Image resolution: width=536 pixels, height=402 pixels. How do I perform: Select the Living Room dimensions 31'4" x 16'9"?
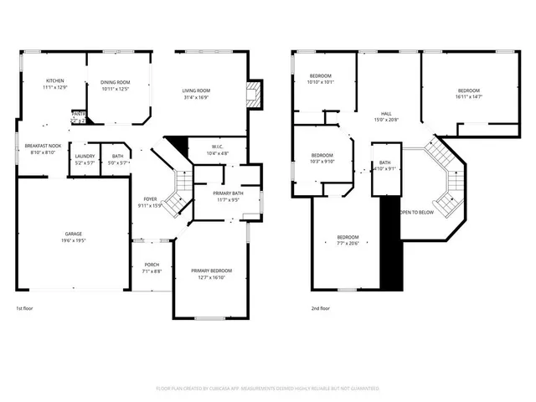(x=197, y=96)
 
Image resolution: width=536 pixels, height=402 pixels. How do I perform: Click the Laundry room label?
(x=84, y=157)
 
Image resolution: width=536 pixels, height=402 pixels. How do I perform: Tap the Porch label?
(x=152, y=265)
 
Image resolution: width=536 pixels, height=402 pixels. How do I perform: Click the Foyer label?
(x=151, y=198)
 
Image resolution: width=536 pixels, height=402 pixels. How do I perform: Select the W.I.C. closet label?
(x=217, y=147)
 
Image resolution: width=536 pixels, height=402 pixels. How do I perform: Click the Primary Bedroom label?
(x=211, y=271)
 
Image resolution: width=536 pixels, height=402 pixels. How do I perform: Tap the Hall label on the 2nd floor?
(x=386, y=114)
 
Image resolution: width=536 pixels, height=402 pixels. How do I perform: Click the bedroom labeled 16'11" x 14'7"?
(x=468, y=90)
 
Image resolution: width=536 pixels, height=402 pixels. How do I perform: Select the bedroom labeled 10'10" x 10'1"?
(x=321, y=76)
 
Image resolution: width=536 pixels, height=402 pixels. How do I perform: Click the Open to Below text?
(x=416, y=213)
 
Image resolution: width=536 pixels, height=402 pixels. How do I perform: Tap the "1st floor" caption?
(x=26, y=308)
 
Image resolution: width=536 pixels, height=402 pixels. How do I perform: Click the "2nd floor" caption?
(x=319, y=308)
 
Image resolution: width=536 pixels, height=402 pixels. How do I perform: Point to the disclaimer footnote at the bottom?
(x=268, y=389)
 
